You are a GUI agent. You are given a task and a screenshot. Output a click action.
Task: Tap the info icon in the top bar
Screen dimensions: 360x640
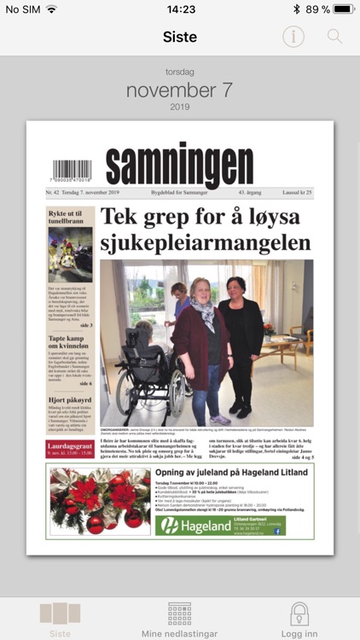(293, 37)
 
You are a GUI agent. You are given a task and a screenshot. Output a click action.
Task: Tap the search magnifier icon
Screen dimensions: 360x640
(334, 37)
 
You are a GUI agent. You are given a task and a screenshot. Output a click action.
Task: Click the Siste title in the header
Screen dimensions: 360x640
(180, 37)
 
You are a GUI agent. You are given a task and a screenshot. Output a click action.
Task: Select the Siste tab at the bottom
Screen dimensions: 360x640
(60, 620)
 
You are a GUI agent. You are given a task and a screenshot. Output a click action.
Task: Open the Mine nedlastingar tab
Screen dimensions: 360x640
(179, 620)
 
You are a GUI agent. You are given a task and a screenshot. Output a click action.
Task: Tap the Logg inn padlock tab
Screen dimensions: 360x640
(299, 620)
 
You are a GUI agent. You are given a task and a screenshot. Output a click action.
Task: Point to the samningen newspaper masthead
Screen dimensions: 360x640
(180, 163)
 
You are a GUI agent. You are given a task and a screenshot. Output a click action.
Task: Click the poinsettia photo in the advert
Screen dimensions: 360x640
(100, 501)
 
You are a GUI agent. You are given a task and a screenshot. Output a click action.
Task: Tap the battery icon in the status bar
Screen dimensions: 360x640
(344, 9)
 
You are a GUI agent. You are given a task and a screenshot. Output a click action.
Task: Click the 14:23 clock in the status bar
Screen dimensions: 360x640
(181, 9)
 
